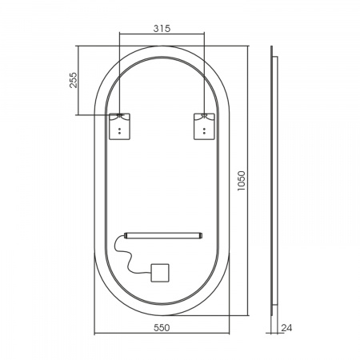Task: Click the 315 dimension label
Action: click(162, 28)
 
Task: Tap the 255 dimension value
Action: click(73, 80)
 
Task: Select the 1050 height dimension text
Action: click(241, 181)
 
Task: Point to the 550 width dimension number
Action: click(162, 327)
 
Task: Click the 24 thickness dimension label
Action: click(286, 328)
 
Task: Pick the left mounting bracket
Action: click(119, 126)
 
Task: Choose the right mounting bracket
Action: click(204, 126)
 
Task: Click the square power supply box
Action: click(160, 273)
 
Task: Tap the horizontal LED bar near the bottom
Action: click(163, 235)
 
